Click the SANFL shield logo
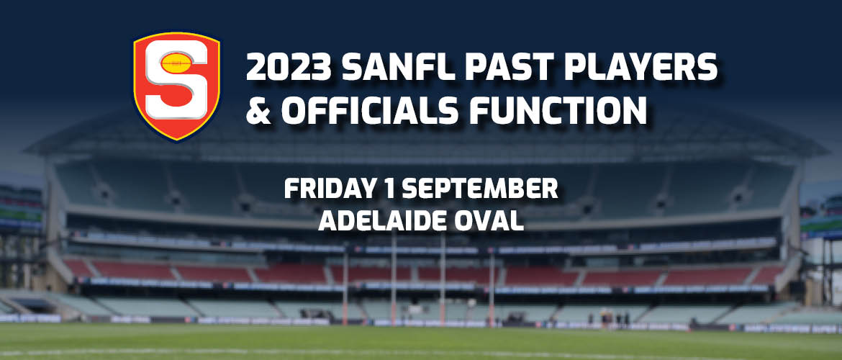click(176, 86)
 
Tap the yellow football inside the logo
click(176, 63)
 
